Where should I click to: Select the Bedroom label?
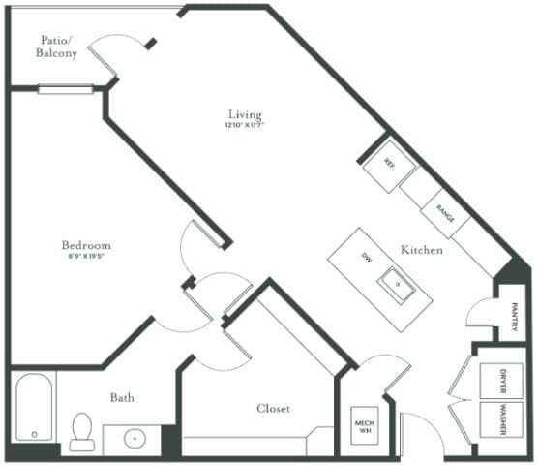click(86, 246)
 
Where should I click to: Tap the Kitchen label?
click(422, 250)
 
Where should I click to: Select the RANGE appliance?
click(445, 213)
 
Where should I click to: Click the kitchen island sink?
click(397, 283)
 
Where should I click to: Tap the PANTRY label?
click(516, 317)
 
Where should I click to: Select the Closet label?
click(273, 409)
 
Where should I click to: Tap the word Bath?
click(122, 397)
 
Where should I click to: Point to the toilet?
click(81, 431)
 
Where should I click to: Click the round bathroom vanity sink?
click(135, 438)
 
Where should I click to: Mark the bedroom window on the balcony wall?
click(66, 89)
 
